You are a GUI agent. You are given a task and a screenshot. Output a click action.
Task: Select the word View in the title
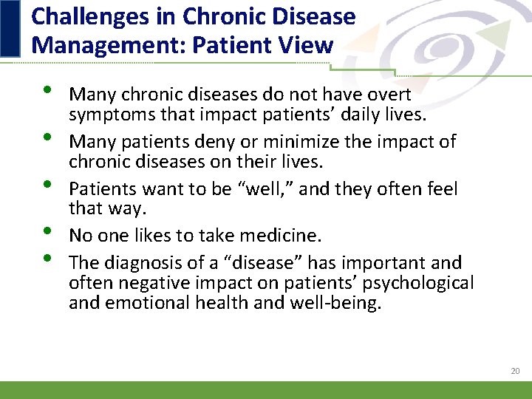click(304, 46)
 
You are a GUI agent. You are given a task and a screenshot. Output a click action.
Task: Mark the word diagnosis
click(141, 263)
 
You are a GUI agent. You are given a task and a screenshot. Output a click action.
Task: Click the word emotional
click(144, 303)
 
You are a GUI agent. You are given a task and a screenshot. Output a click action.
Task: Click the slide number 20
click(515, 371)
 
